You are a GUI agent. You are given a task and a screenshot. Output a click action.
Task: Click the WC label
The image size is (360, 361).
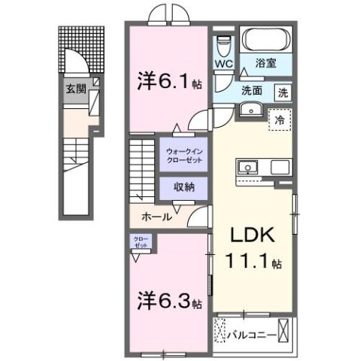223,65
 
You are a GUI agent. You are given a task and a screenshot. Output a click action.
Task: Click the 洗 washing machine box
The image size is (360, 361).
283,93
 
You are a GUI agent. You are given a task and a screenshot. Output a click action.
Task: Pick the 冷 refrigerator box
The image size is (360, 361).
279,119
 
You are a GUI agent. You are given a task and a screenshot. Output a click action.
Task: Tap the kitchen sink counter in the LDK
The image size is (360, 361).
263,166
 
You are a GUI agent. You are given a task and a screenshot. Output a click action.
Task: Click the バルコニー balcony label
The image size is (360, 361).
247,330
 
